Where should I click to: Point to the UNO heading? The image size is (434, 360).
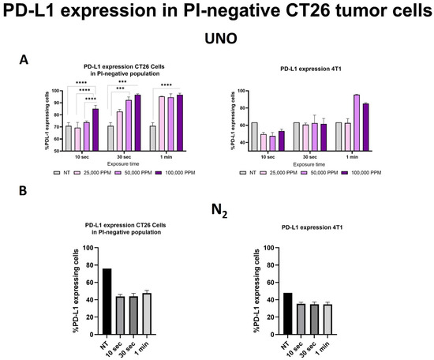point(216,39)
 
